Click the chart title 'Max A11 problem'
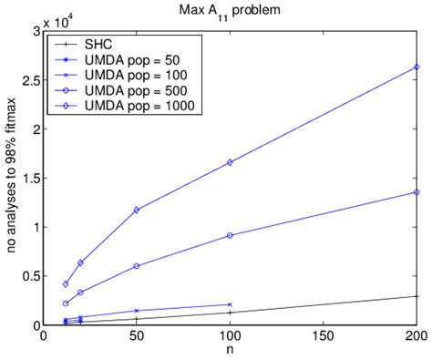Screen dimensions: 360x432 point(231,10)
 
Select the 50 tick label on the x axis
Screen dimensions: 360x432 point(137,336)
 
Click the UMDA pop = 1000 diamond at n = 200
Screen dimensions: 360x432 point(417,67)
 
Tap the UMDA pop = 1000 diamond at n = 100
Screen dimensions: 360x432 point(230,162)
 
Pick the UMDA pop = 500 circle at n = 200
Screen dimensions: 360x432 point(417,192)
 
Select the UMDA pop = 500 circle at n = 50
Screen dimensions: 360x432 point(137,266)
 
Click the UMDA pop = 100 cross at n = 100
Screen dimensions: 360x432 point(230,304)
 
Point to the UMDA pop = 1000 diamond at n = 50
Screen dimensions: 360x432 point(137,210)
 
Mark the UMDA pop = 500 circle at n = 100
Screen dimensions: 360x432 point(230,235)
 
